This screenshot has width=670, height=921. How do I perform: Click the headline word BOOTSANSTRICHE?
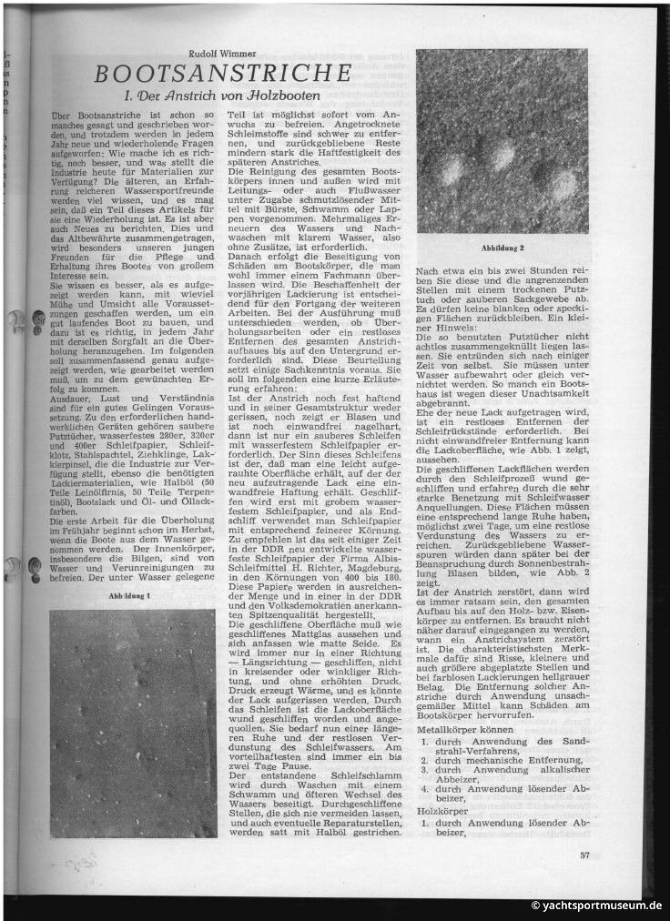(x=222, y=73)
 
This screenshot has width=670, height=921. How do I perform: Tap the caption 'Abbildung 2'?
(x=502, y=248)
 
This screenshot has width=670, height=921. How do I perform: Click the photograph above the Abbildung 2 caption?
(x=502, y=141)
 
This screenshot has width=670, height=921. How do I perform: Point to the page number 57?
(x=584, y=853)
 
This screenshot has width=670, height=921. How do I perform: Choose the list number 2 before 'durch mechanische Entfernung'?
(x=425, y=758)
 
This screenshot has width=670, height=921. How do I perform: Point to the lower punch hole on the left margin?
(x=13, y=568)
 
